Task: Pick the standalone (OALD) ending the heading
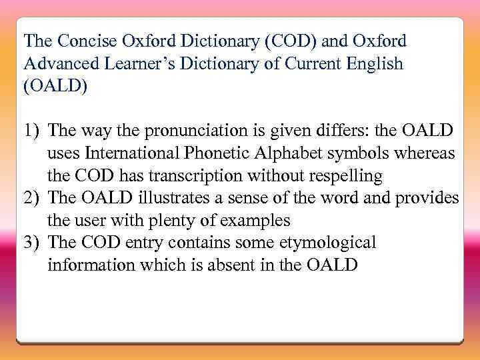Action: [x=55, y=87]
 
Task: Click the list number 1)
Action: [x=33, y=130]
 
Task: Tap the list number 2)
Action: [x=33, y=198]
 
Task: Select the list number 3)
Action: [x=33, y=243]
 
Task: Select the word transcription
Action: [x=199, y=176]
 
